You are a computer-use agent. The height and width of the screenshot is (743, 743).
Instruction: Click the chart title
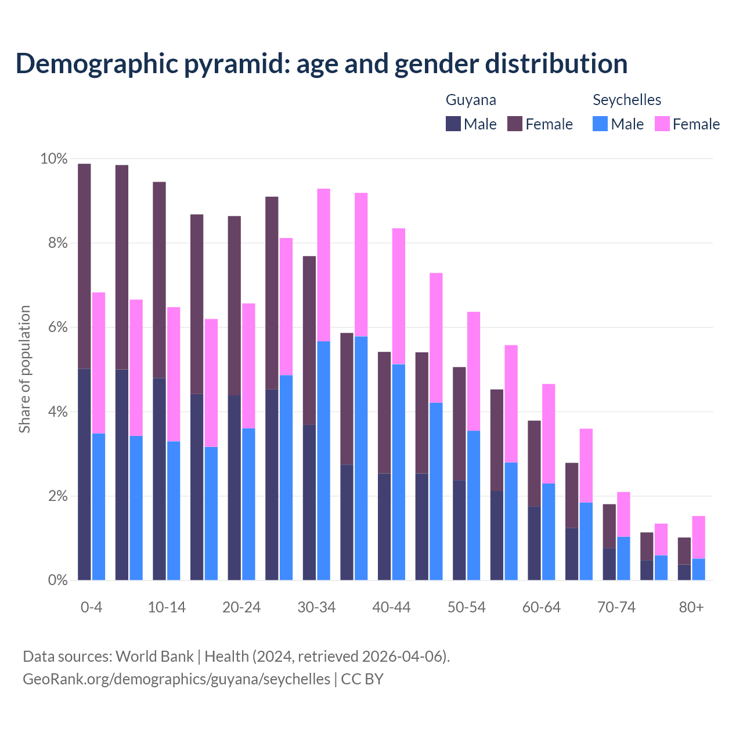pyautogui.click(x=321, y=63)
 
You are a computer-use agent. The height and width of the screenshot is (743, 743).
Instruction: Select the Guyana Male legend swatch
pyautogui.click(x=453, y=124)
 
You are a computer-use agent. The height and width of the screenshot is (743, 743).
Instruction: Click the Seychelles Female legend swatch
pyautogui.click(x=662, y=124)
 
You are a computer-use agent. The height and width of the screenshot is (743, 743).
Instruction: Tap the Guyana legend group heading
pyautogui.click(x=471, y=100)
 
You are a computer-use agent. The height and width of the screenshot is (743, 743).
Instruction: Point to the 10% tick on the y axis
pyautogui.click(x=53, y=159)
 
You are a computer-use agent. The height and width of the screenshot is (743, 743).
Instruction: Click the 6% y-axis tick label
pyautogui.click(x=57, y=327)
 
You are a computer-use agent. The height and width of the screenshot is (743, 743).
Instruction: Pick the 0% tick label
pyautogui.click(x=57, y=580)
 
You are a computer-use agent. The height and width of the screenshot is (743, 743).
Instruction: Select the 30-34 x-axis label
pyautogui.click(x=316, y=607)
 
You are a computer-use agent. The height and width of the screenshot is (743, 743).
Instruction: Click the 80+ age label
pyautogui.click(x=691, y=607)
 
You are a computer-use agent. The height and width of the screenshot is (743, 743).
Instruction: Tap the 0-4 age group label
pyautogui.click(x=92, y=607)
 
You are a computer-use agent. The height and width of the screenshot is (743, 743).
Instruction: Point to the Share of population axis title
pyautogui.click(x=25, y=369)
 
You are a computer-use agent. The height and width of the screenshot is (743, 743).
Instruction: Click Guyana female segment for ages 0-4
pyautogui.click(x=84, y=266)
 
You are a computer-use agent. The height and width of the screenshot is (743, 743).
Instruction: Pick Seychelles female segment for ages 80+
pyautogui.click(x=698, y=537)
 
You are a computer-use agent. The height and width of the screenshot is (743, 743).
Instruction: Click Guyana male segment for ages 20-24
pyautogui.click(x=235, y=488)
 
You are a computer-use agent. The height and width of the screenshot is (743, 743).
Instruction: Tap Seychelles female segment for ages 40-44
pyautogui.click(x=399, y=296)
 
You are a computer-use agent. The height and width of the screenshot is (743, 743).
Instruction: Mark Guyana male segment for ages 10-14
pyautogui.click(x=159, y=479)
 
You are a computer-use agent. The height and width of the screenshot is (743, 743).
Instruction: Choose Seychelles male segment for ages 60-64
pyautogui.click(x=549, y=532)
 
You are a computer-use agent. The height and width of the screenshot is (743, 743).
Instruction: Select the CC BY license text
pyautogui.click(x=362, y=679)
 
